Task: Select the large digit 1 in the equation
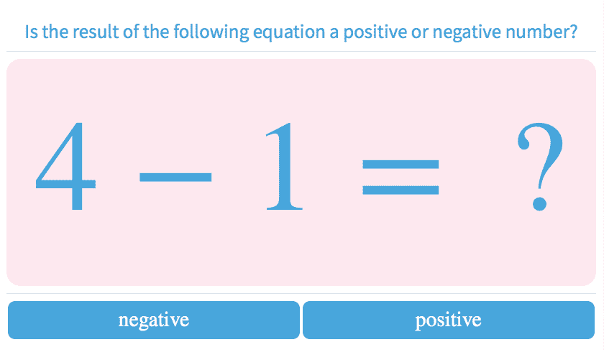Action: (x=285, y=168)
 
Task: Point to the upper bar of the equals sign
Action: (x=401, y=165)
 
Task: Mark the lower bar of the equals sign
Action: (x=401, y=190)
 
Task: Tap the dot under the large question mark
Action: (x=539, y=203)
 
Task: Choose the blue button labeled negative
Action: (x=154, y=320)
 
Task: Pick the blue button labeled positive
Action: (x=449, y=320)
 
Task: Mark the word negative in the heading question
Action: (x=469, y=33)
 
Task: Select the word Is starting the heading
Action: (x=31, y=32)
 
